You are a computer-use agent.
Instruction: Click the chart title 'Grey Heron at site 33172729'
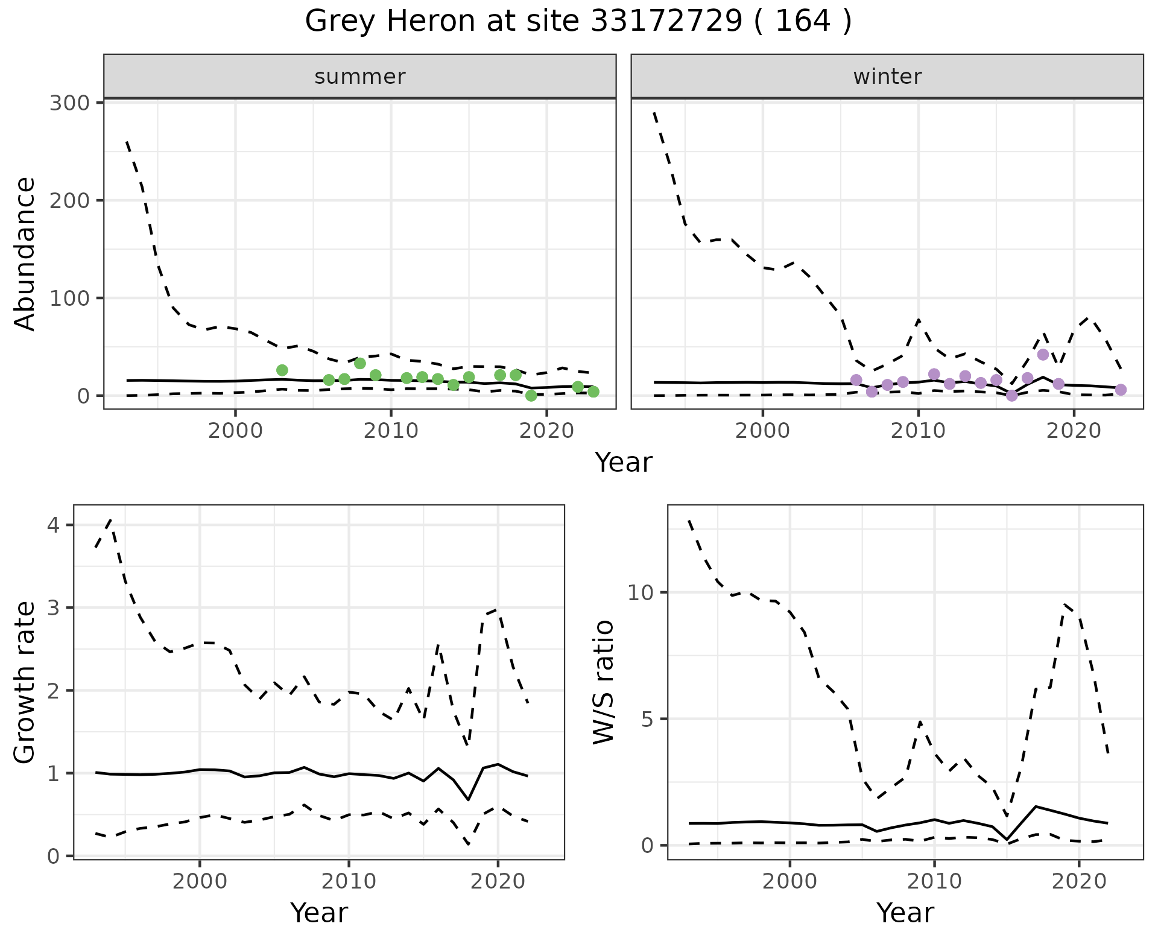578,22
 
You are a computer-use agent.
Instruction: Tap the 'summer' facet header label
360,77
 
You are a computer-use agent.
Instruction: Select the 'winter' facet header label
887,77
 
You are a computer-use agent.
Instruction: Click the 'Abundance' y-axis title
25,254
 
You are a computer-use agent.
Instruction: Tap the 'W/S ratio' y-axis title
603,682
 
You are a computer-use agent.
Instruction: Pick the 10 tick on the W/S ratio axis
642,592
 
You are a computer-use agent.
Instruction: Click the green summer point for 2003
282,370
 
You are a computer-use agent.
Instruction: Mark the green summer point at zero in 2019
531,396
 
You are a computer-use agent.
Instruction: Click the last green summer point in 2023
593,392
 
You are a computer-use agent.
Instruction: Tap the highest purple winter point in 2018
1043,355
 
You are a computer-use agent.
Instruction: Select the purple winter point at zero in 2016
1012,396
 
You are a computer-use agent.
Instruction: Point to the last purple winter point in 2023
1121,390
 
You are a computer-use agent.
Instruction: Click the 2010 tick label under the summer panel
391,431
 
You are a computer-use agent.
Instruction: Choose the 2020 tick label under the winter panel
1074,431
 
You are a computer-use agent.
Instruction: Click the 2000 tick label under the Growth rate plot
200,881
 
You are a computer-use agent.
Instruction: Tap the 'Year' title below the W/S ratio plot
905,913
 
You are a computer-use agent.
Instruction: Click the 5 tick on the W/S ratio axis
648,719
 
